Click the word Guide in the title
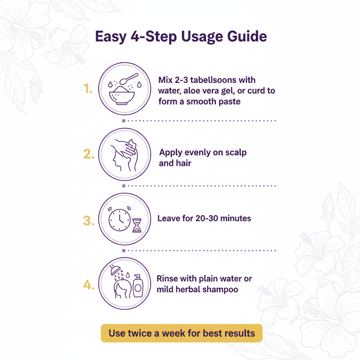tap(247, 36)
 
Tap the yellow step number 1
tap(88, 89)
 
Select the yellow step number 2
tap(89, 154)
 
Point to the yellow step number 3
tap(89, 220)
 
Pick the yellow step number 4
tap(89, 285)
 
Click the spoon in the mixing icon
tap(129, 78)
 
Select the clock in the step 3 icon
tap(120, 219)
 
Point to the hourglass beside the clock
tap(137, 225)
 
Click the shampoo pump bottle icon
tap(138, 285)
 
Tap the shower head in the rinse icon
tap(115, 269)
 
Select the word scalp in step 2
tap(236, 153)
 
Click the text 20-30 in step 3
tap(207, 218)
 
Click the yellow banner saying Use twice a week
tap(182, 333)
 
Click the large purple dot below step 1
tap(124, 121)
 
